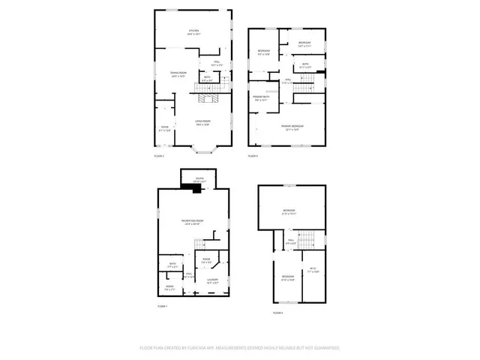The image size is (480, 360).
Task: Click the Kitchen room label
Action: point(194,31)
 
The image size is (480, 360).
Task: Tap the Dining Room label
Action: point(178,73)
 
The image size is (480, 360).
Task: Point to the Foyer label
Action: point(165,129)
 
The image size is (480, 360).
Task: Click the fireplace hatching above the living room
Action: point(208,97)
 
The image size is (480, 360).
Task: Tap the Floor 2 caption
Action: point(159,156)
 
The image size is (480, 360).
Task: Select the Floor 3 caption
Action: point(253,156)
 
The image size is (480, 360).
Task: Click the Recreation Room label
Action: point(193,222)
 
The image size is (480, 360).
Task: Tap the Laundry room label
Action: point(212,281)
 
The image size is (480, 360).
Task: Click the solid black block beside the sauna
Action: point(197,190)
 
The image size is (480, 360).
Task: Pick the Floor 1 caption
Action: point(162,307)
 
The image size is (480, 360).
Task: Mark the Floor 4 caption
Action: point(277,312)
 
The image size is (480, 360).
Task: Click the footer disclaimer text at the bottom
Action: point(240,348)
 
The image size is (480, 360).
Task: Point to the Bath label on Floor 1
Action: point(172,264)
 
